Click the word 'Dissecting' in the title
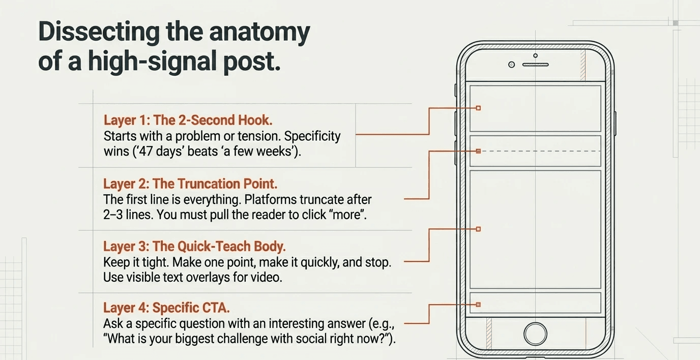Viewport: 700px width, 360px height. [98, 33]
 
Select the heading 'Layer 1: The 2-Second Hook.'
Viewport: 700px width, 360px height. [188, 121]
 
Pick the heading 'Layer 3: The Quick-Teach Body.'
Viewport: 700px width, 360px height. [194, 247]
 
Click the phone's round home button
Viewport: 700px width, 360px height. [535, 334]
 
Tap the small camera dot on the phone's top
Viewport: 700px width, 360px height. [512, 65]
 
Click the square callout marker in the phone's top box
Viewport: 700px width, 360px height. [478, 108]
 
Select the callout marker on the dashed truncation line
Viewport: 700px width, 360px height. [478, 151]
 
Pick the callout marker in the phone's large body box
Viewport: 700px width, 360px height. [478, 229]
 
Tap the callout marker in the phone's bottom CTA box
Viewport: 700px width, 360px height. [478, 305]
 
